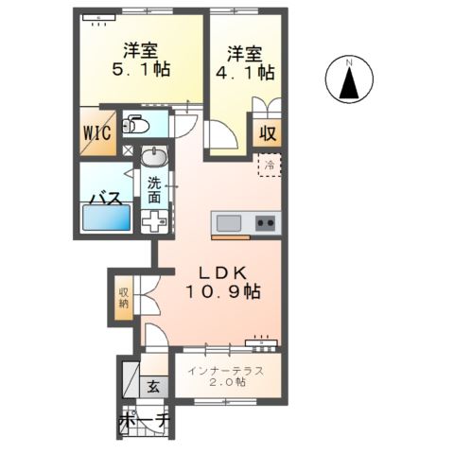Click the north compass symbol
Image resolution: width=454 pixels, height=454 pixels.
348,80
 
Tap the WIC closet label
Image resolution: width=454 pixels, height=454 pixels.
96,131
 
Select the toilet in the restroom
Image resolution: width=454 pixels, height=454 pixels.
136,125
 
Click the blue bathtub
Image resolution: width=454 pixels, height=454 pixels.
106,219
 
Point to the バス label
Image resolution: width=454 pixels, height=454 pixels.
102,199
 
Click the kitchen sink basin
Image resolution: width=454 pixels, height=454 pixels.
228,223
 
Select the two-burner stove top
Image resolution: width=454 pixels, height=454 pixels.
266,223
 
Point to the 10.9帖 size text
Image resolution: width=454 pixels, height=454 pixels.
223,293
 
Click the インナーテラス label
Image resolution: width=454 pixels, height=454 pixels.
226,369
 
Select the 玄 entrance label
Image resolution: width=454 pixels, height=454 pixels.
152,386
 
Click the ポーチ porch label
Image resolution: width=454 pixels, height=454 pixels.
143,420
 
